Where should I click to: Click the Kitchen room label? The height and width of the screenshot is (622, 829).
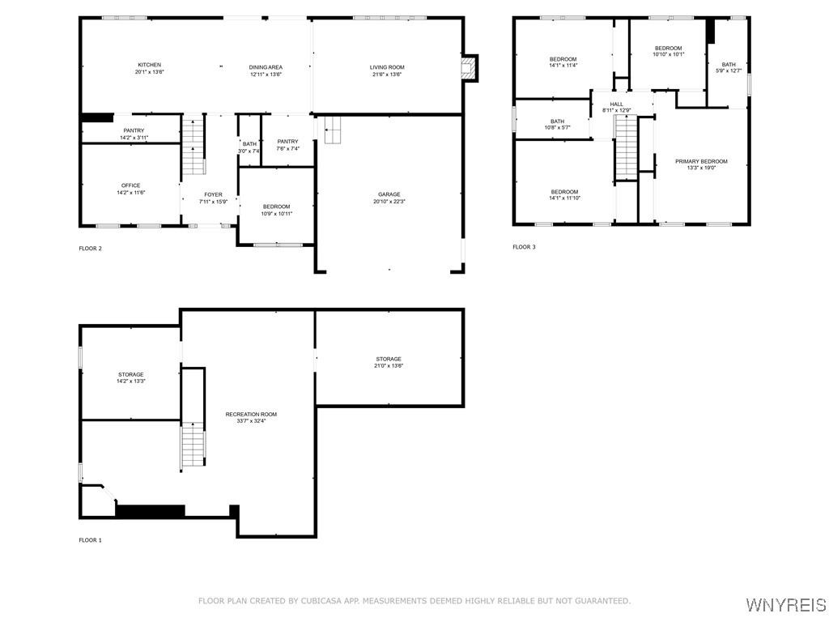pyautogui.click(x=149, y=65)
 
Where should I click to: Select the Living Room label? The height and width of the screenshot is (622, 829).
pyautogui.click(x=388, y=67)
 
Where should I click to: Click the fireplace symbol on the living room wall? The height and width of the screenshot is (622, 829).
pyautogui.click(x=468, y=68)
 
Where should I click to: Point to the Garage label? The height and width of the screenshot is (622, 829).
pyautogui.click(x=389, y=194)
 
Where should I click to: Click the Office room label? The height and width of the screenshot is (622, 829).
pyautogui.click(x=130, y=185)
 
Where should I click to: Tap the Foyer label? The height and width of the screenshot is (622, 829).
pyautogui.click(x=213, y=194)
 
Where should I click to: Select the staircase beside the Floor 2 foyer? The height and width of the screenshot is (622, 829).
pyautogui.click(x=193, y=147)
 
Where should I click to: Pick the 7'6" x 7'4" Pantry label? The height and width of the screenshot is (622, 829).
pyautogui.click(x=287, y=142)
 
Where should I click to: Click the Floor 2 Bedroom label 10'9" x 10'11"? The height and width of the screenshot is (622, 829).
pyautogui.click(x=276, y=207)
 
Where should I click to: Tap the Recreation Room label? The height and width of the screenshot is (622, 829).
pyautogui.click(x=251, y=414)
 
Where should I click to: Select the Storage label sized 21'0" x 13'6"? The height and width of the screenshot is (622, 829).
pyautogui.click(x=389, y=359)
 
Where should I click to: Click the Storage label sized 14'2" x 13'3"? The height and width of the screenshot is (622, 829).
pyautogui.click(x=130, y=374)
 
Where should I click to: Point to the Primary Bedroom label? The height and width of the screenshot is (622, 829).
pyautogui.click(x=701, y=161)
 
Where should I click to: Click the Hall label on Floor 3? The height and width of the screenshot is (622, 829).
pyautogui.click(x=617, y=104)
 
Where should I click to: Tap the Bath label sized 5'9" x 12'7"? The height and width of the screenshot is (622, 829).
pyautogui.click(x=729, y=65)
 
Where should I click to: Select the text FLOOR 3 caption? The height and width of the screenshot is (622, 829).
pyautogui.click(x=524, y=247)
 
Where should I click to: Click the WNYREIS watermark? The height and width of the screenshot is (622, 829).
pyautogui.click(x=785, y=605)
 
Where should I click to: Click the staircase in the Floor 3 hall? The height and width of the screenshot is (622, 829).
pyautogui.click(x=626, y=147)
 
